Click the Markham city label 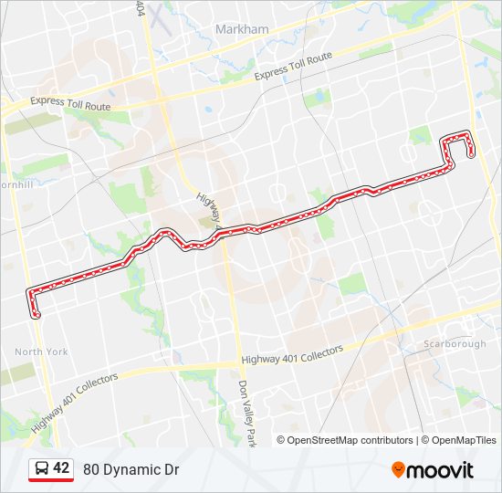[x=242, y=29]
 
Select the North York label [x=41, y=351]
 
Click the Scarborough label [x=455, y=343]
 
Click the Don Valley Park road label [x=246, y=413]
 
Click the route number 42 [x=61, y=468]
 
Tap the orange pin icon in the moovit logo [x=399, y=469]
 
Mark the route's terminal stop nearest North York [x=37, y=315]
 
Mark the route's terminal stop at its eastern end [x=471, y=154]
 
